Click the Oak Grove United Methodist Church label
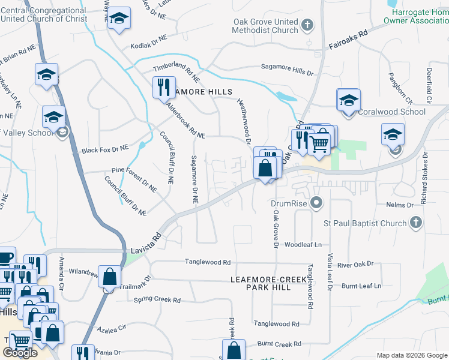[x=265, y=26]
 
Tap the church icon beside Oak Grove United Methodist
[x=307, y=25]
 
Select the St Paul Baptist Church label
[x=365, y=223]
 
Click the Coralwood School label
[x=391, y=112]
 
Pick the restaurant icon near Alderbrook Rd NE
[x=163, y=88]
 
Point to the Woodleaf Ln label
[x=303, y=245]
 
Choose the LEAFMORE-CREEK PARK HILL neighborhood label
[x=261, y=283]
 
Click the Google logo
[x=20, y=353]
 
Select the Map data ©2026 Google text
[x=412, y=355]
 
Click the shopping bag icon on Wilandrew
[x=109, y=278]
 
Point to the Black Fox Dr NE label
[x=105, y=148]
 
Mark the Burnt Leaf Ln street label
[x=361, y=286]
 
